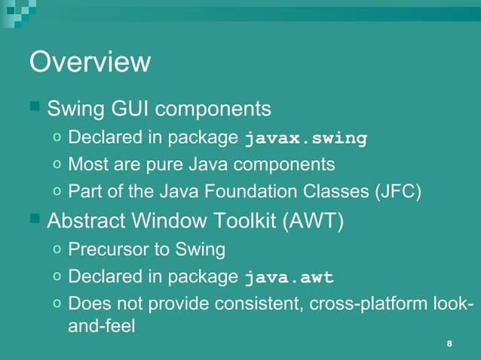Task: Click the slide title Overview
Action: coord(90,62)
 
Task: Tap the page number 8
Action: coord(449,344)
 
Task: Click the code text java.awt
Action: coord(289,277)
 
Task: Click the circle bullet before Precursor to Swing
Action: coord(58,249)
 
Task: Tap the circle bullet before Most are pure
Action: coord(58,164)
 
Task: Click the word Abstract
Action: coord(87,221)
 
